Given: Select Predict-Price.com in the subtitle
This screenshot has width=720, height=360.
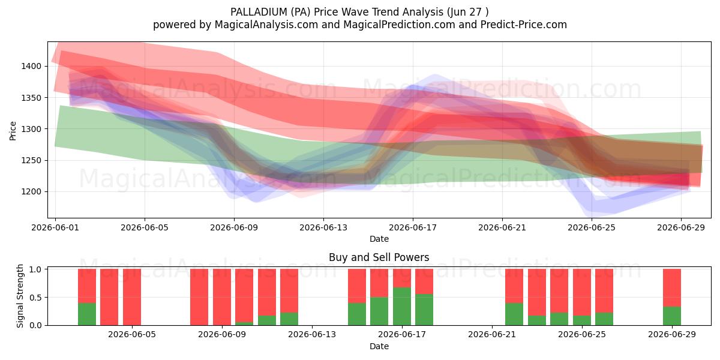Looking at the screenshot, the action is point(524,25).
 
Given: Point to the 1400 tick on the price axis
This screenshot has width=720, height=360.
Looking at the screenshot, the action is point(31,66).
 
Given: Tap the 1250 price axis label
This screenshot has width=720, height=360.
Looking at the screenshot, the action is point(31,160).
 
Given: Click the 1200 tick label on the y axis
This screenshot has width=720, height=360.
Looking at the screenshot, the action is point(31,191).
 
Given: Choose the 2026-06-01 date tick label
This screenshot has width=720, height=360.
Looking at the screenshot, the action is point(55,227).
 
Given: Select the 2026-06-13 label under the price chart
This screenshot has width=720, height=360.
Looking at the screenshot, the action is point(323,227).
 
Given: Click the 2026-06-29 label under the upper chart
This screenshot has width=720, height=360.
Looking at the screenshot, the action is point(681,227).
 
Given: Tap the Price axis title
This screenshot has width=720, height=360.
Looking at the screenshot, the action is point(13,131).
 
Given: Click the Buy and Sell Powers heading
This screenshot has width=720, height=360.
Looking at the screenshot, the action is point(379,257).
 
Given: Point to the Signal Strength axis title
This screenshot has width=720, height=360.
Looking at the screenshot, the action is point(20,296).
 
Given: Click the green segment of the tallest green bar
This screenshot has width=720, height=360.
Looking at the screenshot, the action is point(402,307).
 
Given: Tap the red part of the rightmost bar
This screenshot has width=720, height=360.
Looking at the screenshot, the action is point(672,287).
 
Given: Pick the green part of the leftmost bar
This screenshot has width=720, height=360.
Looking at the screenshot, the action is point(87,314).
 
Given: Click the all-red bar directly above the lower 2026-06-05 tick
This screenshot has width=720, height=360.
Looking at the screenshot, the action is point(132,297).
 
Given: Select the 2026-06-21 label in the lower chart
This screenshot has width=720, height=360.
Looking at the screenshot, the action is point(492,335).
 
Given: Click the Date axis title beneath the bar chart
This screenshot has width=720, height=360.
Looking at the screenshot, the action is point(379,347).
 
